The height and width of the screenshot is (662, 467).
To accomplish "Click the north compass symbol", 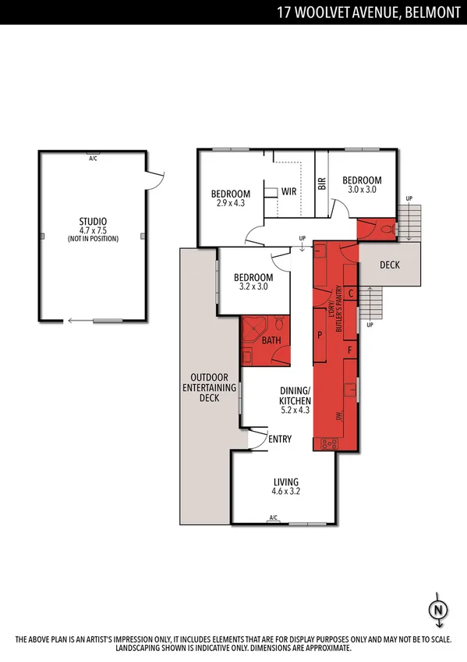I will coord(439,610).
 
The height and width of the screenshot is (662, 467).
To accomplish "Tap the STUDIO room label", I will coord(93,221).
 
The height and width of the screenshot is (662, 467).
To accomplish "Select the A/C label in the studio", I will coord(93,157).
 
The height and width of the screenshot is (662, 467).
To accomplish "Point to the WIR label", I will coord(288,191).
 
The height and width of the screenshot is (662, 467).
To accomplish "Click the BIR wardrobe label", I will coord(321,184).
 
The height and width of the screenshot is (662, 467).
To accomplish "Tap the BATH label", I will coord(271,340).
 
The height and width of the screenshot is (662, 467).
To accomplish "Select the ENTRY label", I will coord(280,440).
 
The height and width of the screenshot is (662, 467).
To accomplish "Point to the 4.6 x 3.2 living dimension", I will coord(285,492).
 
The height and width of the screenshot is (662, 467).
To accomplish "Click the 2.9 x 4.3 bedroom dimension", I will coord(231,204).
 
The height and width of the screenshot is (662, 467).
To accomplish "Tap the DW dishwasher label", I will coord(338,417).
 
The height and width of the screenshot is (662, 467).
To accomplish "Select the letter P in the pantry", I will coord(320,333).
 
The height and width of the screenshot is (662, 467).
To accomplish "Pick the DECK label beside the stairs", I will coord(389,265).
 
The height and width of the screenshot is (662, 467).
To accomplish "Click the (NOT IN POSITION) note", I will coord(93,239).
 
